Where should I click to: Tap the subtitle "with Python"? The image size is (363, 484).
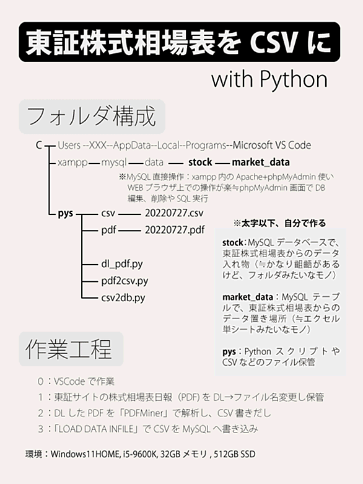tap(269, 80)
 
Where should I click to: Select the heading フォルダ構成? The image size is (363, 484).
tap(92, 117)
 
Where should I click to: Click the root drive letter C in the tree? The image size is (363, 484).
tap(38, 145)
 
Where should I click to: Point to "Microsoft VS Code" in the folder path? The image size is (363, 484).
tap(272, 145)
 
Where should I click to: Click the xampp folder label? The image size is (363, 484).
tap(72, 162)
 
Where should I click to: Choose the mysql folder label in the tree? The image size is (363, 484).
tap(114, 162)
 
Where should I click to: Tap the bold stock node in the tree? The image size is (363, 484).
tap(200, 162)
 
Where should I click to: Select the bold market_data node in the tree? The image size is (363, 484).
tap(261, 162)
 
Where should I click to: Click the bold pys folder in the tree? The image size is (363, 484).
tap(66, 214)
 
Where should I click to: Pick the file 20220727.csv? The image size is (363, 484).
tap(174, 213)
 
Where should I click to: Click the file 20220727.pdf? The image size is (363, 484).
tap(175, 230)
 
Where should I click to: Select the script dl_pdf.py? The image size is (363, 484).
tap(122, 264)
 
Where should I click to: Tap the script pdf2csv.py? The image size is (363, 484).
tap(125, 281)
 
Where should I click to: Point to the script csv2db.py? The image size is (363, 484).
tap(123, 298)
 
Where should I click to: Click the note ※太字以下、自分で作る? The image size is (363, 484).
tap(280, 223)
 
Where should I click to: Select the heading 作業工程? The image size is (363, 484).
tap(69, 349)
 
